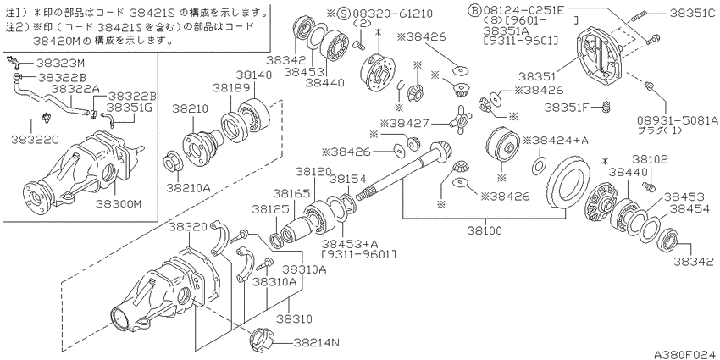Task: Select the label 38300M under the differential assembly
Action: pos(118,202)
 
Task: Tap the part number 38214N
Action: pos(318,341)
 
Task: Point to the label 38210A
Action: pos(189,188)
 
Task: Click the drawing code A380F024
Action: pos(686,354)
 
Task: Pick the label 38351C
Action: pos(693,14)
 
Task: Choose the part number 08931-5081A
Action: pos(678,120)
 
